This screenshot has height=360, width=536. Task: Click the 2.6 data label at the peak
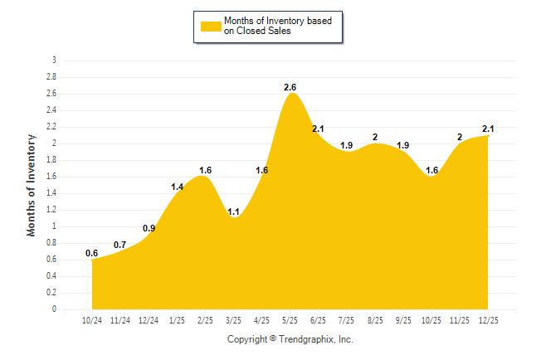click(x=290, y=87)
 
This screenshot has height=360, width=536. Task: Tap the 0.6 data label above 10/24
click(x=91, y=253)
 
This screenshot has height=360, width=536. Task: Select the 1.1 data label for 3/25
click(x=234, y=212)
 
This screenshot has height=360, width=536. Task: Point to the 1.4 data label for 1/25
click(x=178, y=187)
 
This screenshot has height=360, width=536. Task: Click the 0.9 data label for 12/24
click(x=149, y=228)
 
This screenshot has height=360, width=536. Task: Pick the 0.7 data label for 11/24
click(x=120, y=245)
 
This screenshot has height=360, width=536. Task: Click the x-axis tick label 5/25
click(x=290, y=320)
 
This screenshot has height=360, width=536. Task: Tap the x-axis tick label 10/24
click(x=92, y=320)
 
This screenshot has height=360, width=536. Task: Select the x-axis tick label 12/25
click(x=488, y=320)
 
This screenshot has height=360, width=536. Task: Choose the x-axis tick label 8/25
click(x=375, y=320)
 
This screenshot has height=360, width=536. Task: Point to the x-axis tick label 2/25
click(x=205, y=320)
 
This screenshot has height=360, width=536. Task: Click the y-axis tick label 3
click(x=54, y=61)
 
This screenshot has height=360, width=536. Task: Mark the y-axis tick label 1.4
click(x=51, y=193)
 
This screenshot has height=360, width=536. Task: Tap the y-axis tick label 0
click(x=54, y=309)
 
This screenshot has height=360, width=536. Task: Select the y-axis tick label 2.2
click(x=51, y=127)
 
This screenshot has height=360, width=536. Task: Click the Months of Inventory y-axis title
click(x=32, y=185)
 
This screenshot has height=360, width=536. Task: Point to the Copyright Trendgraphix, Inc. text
click(x=290, y=339)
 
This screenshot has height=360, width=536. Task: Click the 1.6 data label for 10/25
click(x=431, y=170)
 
